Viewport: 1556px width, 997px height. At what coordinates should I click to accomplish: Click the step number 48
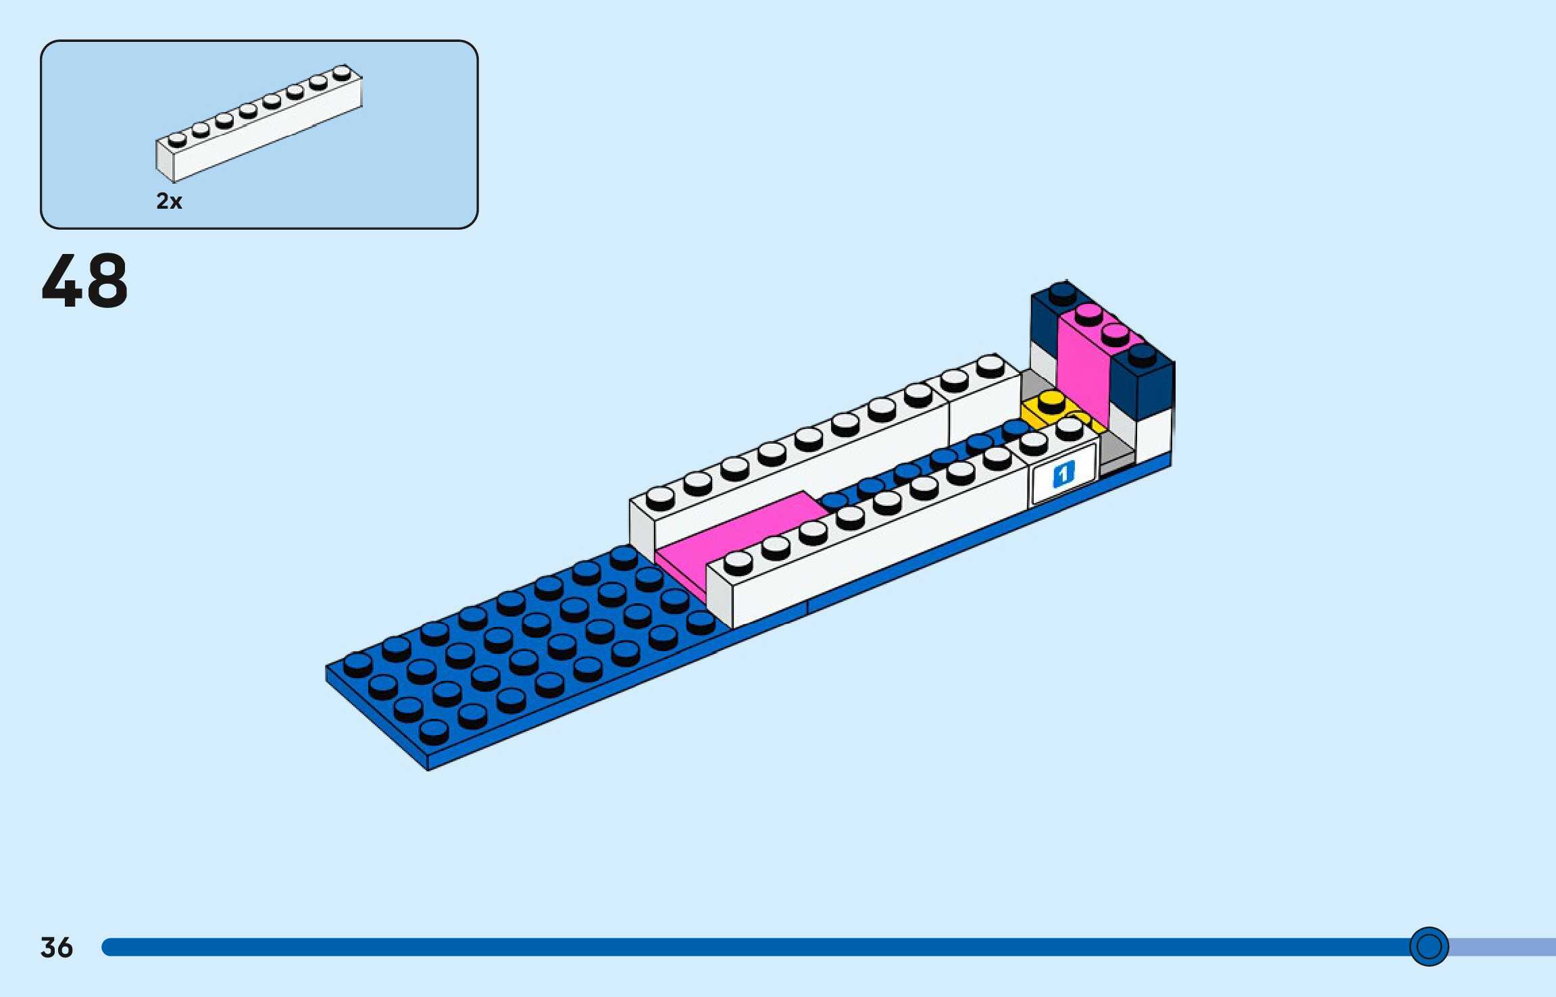84,281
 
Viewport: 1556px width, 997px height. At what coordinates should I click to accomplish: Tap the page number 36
56,947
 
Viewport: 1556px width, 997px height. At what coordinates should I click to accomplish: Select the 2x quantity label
169,201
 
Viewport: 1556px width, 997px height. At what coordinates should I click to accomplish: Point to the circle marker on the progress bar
1429,946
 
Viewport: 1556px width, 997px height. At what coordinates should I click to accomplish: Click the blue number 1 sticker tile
1063,474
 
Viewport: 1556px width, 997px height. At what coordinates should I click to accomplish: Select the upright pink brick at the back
1083,365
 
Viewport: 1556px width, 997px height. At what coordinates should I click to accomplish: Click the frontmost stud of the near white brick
738,563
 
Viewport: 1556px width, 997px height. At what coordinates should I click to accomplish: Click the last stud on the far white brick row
990,365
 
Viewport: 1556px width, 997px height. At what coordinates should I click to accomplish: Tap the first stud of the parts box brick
177,140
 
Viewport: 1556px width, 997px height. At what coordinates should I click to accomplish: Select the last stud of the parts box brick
342,72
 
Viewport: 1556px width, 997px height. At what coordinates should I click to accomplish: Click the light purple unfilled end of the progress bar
1507,947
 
